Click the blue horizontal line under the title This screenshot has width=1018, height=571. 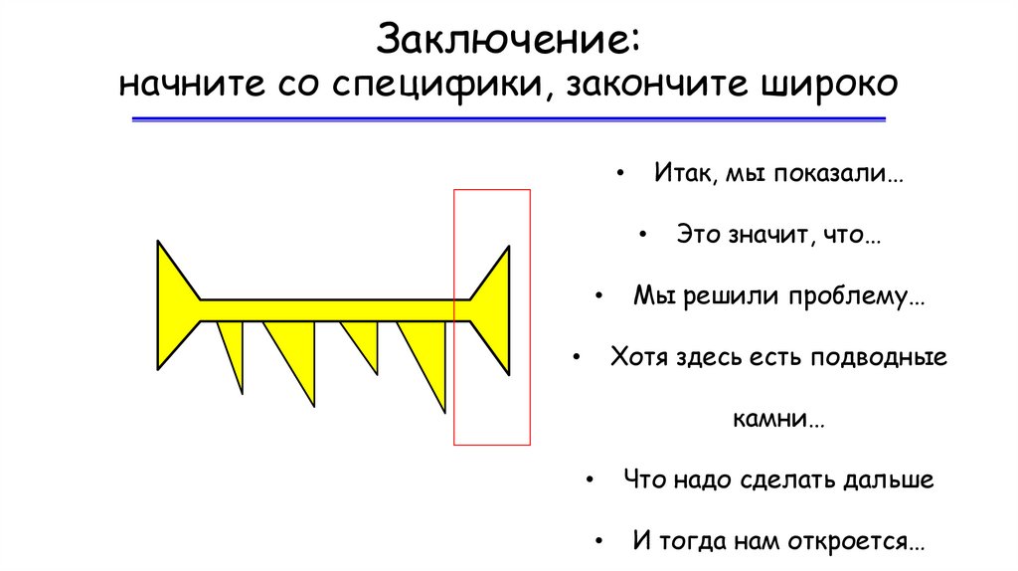[x=508, y=119]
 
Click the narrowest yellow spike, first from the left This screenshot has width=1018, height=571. [x=234, y=348]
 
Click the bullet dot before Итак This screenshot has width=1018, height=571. [x=621, y=174]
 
